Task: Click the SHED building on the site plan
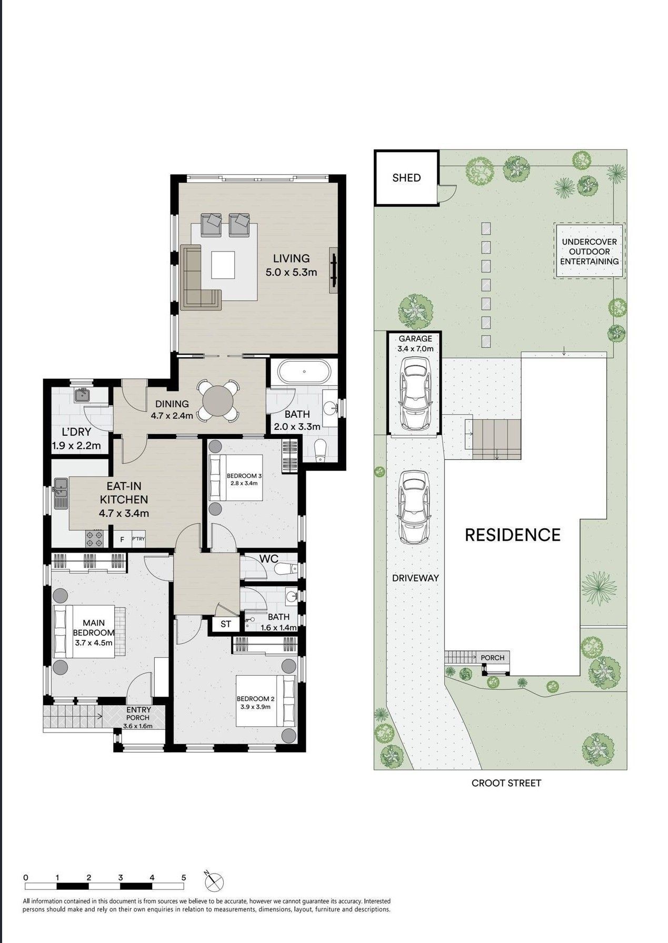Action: coord(406,178)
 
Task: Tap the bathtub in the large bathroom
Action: coord(304,372)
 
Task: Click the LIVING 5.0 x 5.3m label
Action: coord(291,265)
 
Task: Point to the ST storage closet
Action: coord(226,624)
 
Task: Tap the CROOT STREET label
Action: coord(506,783)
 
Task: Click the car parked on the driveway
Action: coord(414,507)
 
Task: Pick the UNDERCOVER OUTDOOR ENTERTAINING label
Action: coord(589,252)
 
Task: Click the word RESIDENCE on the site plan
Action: coord(512,535)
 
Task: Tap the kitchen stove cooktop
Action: coord(94,538)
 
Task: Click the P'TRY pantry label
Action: coord(138,539)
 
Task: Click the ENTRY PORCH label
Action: coord(138,717)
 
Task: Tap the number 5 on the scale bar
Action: coord(184,877)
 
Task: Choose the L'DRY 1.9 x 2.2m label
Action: coord(76,439)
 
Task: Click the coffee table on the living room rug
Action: coord(223,265)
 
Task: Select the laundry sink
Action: coord(82,395)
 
